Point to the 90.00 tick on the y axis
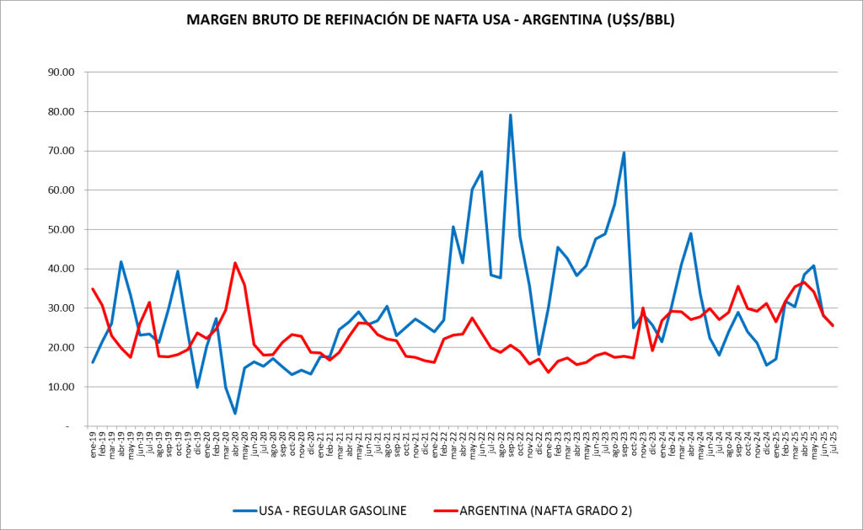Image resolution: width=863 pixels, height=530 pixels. pyautogui.click(x=60, y=72)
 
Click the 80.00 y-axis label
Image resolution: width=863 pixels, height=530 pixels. pyautogui.click(x=60, y=111)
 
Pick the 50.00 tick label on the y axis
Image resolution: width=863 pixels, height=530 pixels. pyautogui.click(x=60, y=229)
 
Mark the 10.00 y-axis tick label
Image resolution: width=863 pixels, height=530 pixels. pyautogui.click(x=60, y=387)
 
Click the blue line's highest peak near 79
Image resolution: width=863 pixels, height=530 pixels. pyautogui.click(x=511, y=115)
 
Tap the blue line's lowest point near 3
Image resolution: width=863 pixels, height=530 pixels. pyautogui.click(x=235, y=413)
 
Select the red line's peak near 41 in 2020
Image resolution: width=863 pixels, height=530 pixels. pyautogui.click(x=235, y=263)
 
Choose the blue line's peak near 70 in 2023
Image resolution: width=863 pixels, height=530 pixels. pyautogui.click(x=624, y=153)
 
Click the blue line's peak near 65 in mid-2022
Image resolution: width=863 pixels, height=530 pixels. pyautogui.click(x=481, y=172)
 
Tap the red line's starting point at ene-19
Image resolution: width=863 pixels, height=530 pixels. pyautogui.click(x=93, y=289)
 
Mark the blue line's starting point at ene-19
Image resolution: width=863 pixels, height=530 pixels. pyautogui.click(x=93, y=362)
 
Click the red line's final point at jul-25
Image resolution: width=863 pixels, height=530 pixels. pyautogui.click(x=834, y=325)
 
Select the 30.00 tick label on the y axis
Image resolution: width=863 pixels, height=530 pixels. pyautogui.click(x=60, y=308)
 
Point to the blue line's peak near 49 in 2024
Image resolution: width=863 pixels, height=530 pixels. pyautogui.click(x=691, y=233)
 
